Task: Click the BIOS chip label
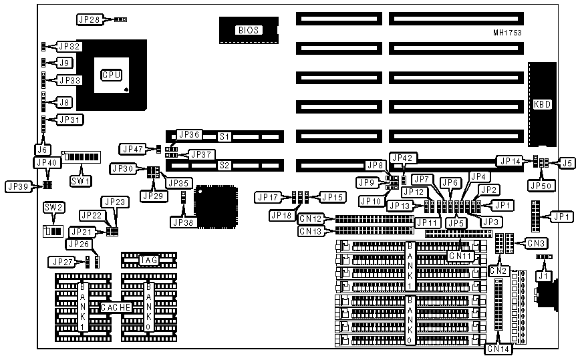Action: coord(248,30)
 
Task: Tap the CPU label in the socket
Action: coord(111,75)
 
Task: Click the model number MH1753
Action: coord(507,32)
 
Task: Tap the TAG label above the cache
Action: coord(148,260)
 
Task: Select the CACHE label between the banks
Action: coord(114,307)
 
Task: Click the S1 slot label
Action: coord(225,137)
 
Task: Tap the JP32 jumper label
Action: coord(69,47)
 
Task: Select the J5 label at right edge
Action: coord(567,162)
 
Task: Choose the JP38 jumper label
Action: coord(182,221)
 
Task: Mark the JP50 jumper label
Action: coord(539,184)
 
